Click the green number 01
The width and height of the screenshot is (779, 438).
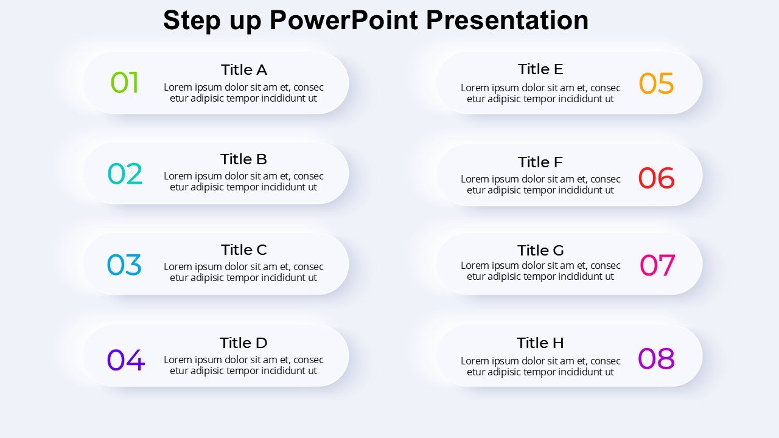pyautogui.click(x=125, y=82)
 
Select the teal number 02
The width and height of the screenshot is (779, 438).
pyautogui.click(x=125, y=173)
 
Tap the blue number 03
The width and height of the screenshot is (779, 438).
pyautogui.click(x=124, y=265)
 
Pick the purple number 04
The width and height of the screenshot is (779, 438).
pyautogui.click(x=125, y=360)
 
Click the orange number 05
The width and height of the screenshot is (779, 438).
pyautogui.click(x=656, y=83)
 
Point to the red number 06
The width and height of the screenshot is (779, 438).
pyautogui.click(x=656, y=178)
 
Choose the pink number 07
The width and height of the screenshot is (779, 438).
pyautogui.click(x=657, y=265)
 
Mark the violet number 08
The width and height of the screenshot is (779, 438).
pyautogui.click(x=656, y=358)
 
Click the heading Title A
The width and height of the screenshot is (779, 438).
pyautogui.click(x=244, y=70)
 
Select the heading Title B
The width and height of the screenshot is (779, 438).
pyautogui.click(x=243, y=159)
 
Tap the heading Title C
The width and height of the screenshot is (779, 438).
pyautogui.click(x=244, y=249)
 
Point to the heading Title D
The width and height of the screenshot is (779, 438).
pyautogui.click(x=243, y=342)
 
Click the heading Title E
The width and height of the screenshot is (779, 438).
pyautogui.click(x=540, y=69)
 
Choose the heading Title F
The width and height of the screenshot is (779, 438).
pyautogui.click(x=540, y=162)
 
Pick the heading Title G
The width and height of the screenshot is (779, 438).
pyautogui.click(x=540, y=250)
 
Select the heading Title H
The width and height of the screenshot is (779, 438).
pyautogui.click(x=540, y=342)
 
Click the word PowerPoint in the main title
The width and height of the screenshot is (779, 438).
pyautogui.click(x=344, y=20)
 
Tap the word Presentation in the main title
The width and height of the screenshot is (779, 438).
pyautogui.click(x=507, y=20)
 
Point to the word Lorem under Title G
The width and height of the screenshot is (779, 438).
pyautogui.click(x=475, y=266)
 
